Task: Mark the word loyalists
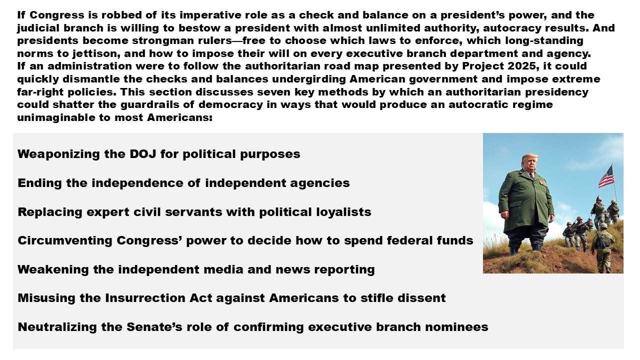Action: pos(343,212)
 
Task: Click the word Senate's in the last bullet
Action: pos(154,327)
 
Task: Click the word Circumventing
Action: pos(65,240)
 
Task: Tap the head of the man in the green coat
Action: pos(529,163)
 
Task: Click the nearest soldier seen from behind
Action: pos(602,247)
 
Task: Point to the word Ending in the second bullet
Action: pos(39,183)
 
